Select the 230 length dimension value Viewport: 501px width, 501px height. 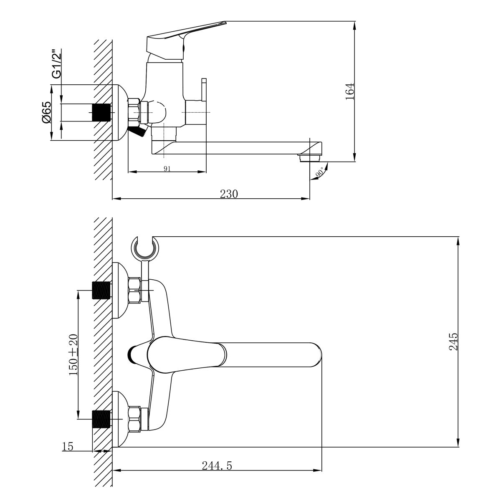coord(229,194)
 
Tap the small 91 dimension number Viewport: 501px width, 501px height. coord(167,168)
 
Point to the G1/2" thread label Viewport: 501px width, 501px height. coord(56,63)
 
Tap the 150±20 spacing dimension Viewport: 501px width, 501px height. coord(73,354)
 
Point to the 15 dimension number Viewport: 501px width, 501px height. coord(68,447)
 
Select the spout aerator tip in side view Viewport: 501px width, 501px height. coord(309,158)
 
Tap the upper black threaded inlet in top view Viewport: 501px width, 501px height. coord(101,291)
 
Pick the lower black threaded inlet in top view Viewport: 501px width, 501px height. coord(101,419)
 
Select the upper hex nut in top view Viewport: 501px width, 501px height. coord(134,291)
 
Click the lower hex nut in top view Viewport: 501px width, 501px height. coord(134,419)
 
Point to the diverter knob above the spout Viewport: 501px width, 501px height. coord(204,89)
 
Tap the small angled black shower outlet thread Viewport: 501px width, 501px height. coord(138,132)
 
